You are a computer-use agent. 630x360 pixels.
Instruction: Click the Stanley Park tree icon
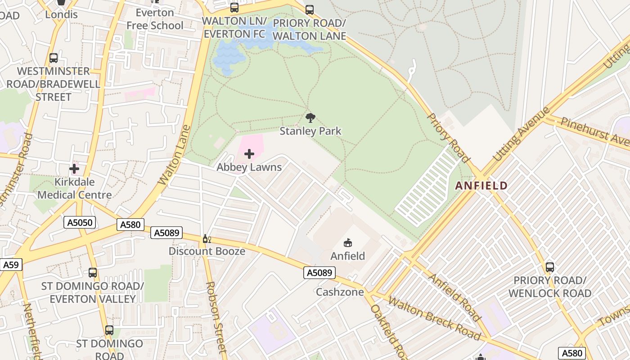[x=310, y=118]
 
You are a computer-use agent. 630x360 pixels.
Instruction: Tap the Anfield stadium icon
[x=347, y=243]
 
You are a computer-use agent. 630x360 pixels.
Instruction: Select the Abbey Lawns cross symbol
[x=249, y=154]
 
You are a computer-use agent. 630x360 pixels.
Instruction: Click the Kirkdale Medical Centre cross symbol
[x=74, y=169]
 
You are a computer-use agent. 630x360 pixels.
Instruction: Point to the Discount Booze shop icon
[x=207, y=238]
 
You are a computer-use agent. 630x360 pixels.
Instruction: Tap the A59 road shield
[x=10, y=265]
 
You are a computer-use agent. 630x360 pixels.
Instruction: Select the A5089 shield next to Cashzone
[x=319, y=272]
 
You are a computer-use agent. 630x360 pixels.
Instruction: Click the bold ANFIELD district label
[x=481, y=185]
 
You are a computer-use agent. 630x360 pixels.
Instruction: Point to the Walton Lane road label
[x=175, y=155]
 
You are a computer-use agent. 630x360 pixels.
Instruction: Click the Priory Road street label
[x=448, y=137]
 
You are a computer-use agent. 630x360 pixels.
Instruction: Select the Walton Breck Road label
[x=434, y=318]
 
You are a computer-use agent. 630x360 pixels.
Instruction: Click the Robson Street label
[x=216, y=317]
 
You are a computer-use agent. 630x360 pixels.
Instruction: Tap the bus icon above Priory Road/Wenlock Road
[x=549, y=267]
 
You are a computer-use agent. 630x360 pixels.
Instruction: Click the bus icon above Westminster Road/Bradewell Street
[x=53, y=58]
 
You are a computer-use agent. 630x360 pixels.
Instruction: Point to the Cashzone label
[x=340, y=292]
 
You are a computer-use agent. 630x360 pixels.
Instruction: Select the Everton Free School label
[x=155, y=19]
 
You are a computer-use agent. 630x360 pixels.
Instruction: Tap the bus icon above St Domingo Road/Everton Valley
[x=92, y=272]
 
